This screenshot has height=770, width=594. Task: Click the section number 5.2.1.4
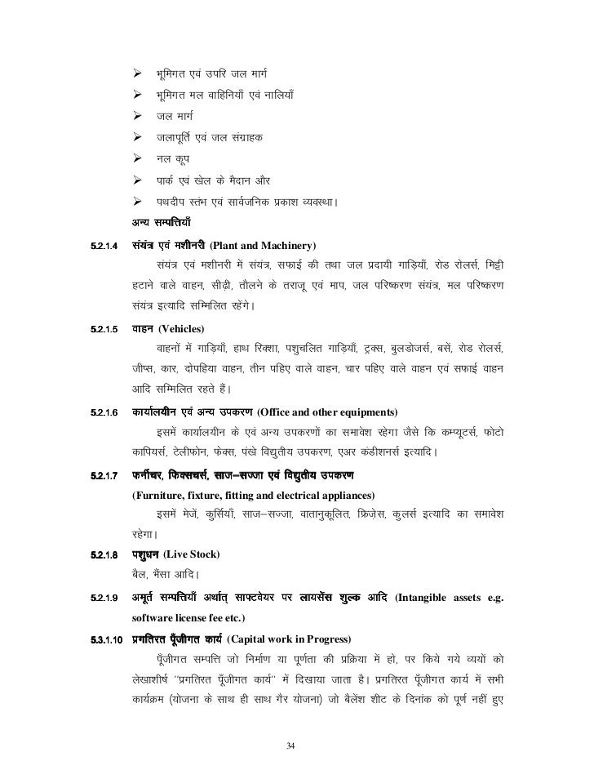[x=97, y=246]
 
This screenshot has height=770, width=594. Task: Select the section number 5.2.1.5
[x=97, y=329]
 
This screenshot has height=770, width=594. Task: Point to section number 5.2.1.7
[x=97, y=475]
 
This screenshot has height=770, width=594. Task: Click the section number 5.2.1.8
[x=97, y=556]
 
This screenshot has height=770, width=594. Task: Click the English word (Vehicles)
[x=184, y=329]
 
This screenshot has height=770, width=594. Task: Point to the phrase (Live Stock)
[x=191, y=556]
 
